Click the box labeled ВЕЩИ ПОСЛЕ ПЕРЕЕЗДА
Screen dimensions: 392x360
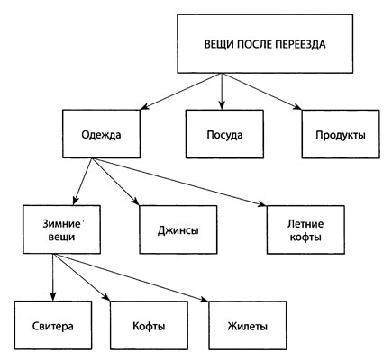point(265,44)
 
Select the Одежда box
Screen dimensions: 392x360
point(101,134)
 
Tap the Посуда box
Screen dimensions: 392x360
point(224,134)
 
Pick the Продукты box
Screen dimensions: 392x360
point(341,134)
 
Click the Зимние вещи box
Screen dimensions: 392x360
point(61,229)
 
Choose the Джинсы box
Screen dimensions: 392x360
point(178,229)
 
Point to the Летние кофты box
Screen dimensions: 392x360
point(305,229)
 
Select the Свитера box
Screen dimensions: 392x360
point(53,325)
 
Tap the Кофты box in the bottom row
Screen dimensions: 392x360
point(149,325)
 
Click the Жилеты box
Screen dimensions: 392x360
point(248,325)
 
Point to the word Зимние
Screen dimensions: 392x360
point(61,224)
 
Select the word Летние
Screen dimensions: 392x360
point(305,224)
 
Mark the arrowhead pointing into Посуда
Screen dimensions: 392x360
point(222,105)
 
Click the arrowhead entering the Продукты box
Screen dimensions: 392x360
point(297,107)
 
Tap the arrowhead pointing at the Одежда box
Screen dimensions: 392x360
point(144,107)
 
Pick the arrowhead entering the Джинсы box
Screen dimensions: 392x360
point(135,202)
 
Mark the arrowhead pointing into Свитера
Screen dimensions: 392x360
point(53,297)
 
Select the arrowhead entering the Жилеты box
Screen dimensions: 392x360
point(204,299)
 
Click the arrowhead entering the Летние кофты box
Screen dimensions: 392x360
point(262,203)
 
